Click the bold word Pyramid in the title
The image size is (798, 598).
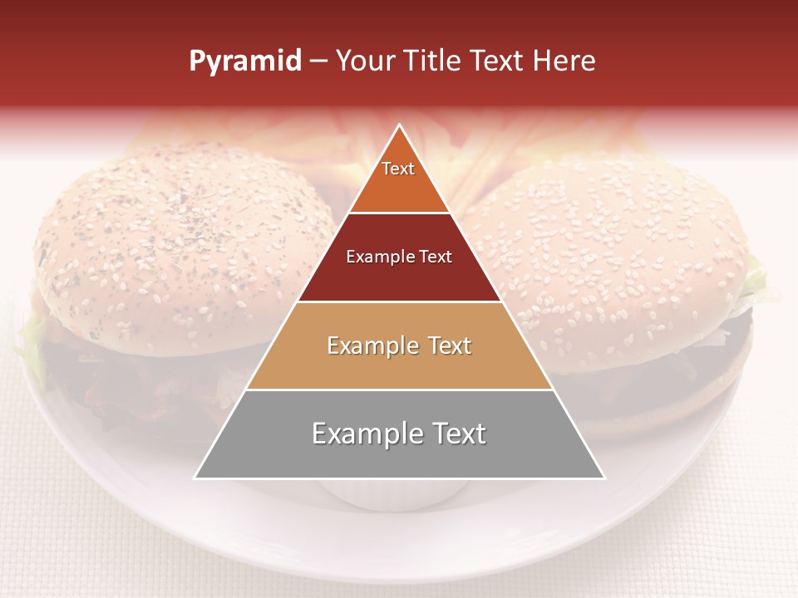(245, 61)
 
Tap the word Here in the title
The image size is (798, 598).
(564, 61)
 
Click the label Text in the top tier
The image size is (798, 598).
(398, 169)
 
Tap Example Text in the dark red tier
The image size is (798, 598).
(399, 257)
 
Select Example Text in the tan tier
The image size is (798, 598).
(399, 346)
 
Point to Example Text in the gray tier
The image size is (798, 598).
(399, 434)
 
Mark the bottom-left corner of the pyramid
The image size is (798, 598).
(195, 478)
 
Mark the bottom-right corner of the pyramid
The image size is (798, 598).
(603, 478)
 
